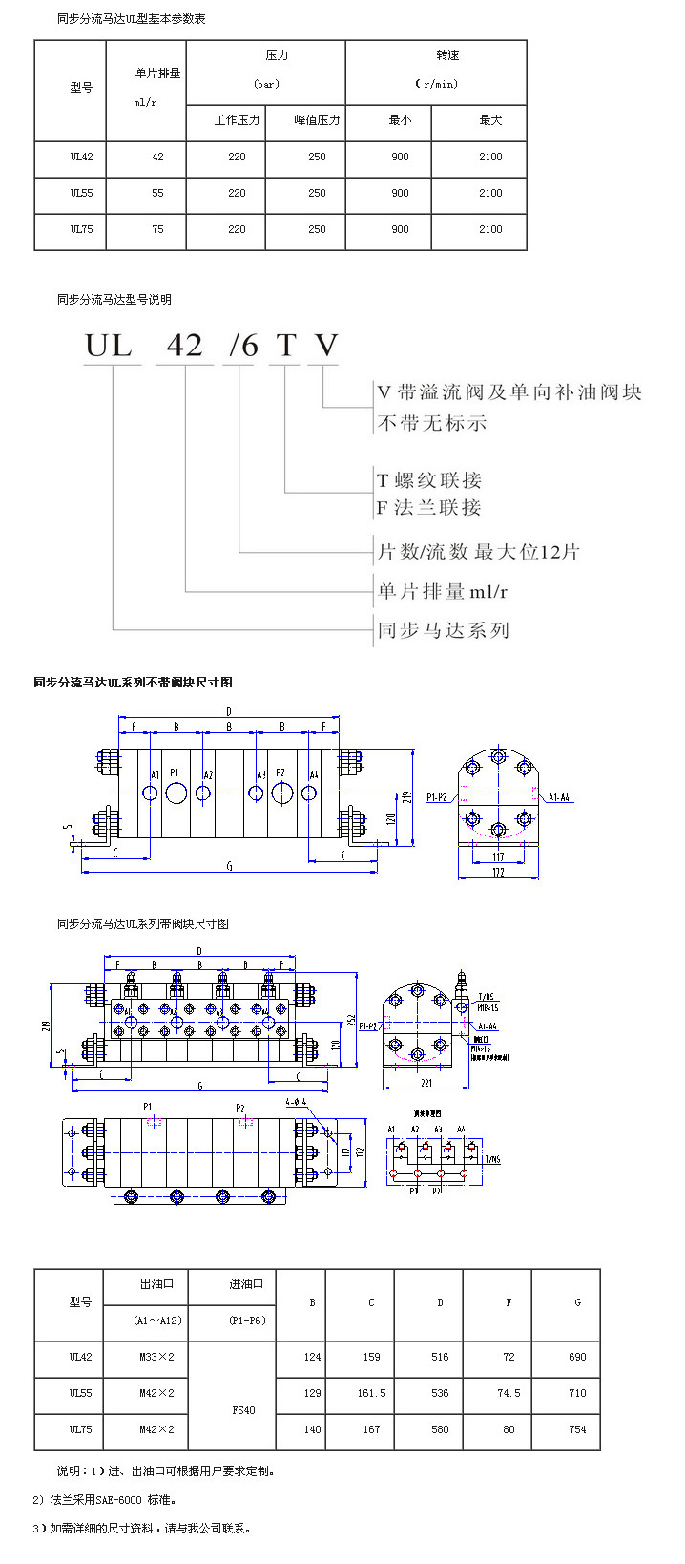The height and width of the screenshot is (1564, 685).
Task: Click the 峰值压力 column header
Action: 317,120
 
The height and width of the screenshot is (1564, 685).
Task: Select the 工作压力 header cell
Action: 237,120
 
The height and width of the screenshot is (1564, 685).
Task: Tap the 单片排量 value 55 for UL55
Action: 157,193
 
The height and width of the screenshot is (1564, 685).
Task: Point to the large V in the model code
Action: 326,345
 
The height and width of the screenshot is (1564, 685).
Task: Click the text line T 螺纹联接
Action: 429,480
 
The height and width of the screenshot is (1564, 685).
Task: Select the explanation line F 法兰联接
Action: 429,508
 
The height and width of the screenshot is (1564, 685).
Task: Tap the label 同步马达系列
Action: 444,630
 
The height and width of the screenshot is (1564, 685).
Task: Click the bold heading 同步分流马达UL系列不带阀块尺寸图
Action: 133,682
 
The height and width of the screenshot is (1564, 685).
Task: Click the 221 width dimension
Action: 426,1083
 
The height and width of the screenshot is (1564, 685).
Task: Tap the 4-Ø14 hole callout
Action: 298,1102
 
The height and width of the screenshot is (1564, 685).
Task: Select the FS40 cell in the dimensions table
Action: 243,1410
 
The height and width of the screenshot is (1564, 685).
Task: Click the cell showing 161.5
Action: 371,1393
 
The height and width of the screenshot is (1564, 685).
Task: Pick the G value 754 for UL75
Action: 577,1429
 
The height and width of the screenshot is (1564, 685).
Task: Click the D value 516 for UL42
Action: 440,1357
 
